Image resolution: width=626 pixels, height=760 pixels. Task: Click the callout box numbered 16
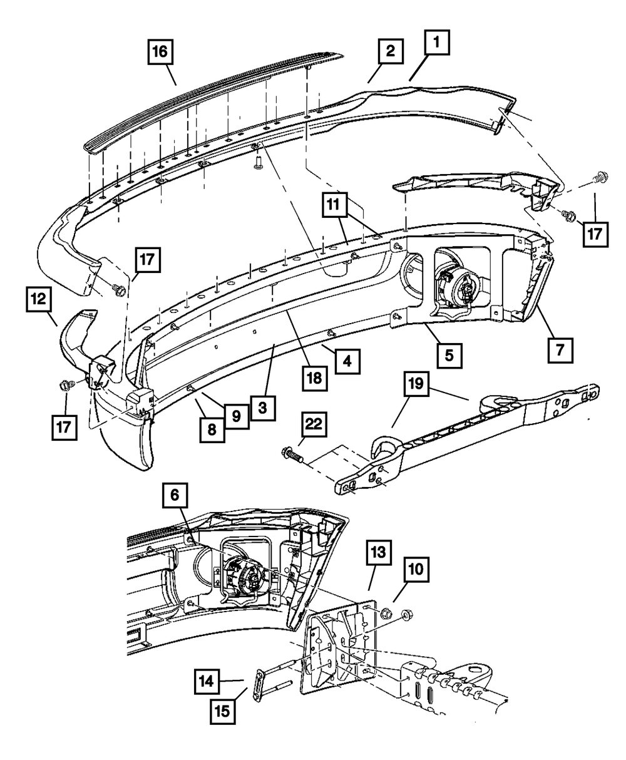tap(160, 53)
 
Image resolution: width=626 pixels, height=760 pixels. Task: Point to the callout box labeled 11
tap(335, 204)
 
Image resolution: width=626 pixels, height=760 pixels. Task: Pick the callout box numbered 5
tap(450, 354)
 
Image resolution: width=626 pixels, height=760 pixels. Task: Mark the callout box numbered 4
tap(346, 361)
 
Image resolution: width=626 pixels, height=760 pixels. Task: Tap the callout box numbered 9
tap(236, 416)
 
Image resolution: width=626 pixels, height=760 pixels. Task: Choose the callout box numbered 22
tap(314, 425)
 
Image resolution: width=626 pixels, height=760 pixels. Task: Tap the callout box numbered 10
tap(416, 570)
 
